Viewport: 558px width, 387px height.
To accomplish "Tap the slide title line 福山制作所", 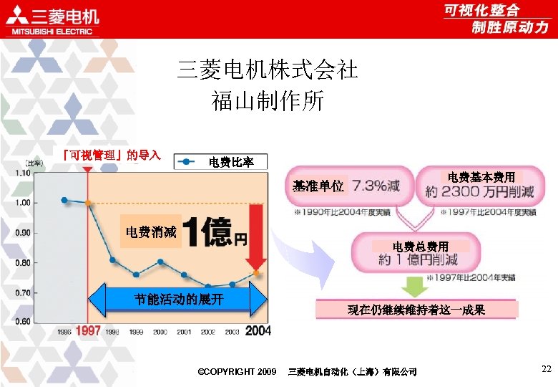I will tap(268, 100).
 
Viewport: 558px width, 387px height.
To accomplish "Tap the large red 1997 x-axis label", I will tap(88, 331).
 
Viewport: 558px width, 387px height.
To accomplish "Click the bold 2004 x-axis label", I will tap(258, 331).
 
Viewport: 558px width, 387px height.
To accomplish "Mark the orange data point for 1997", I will tap(88, 203).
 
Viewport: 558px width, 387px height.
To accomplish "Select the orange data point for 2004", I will tap(257, 273).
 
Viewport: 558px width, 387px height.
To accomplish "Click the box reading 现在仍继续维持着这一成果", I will tap(416, 310).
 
